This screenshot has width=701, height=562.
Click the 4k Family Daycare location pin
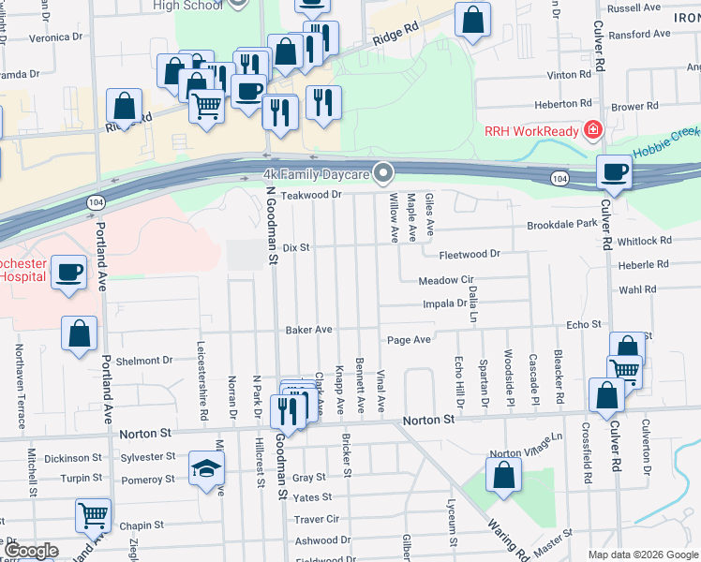(x=382, y=172)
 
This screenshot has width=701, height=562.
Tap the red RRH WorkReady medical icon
(x=592, y=131)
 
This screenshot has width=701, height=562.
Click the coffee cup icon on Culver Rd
(x=614, y=171)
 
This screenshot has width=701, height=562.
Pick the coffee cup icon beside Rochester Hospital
(x=70, y=273)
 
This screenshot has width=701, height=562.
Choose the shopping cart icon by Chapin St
(x=93, y=515)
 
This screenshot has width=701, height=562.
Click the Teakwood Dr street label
(x=312, y=195)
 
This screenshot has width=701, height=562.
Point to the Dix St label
(x=296, y=247)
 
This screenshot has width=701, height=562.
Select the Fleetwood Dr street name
(x=470, y=254)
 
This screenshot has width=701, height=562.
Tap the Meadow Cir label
(x=446, y=280)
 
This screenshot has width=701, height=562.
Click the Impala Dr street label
(x=445, y=303)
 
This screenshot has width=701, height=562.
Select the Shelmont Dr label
(x=144, y=360)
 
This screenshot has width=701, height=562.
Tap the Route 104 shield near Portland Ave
(x=97, y=202)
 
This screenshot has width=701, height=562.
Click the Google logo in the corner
(x=30, y=551)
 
